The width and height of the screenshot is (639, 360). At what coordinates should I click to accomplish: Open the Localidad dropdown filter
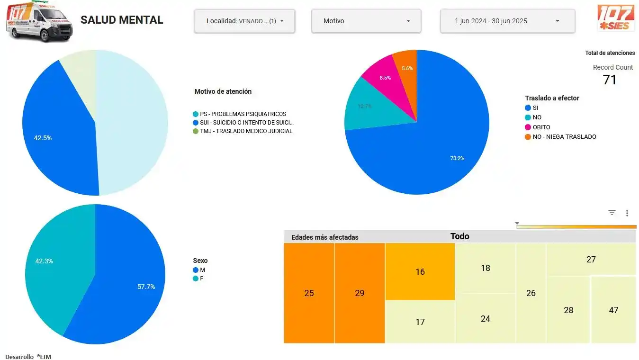pos(244,21)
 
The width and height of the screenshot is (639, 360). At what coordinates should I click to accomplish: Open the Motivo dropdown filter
pos(366,21)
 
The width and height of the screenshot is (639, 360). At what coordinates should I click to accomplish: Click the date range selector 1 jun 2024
pos(507,21)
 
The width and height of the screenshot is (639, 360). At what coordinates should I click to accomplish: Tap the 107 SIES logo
pos(616,18)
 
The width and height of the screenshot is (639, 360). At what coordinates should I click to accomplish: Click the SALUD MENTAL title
pos(122,20)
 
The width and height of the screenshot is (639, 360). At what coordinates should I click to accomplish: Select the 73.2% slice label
pos(457,158)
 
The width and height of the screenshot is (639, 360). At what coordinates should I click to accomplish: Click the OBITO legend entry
pos(541,127)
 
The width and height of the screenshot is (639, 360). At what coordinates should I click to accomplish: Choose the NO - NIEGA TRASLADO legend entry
pos(564,137)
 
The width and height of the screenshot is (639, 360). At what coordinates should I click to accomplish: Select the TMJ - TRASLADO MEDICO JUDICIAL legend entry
pos(246,131)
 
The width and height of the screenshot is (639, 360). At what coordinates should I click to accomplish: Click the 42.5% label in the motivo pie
pos(43,138)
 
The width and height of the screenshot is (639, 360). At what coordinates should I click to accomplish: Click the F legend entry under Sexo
pos(201,279)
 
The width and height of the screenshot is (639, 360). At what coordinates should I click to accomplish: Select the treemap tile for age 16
pos(420,271)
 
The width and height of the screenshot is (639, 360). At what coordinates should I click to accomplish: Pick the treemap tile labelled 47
pos(613,310)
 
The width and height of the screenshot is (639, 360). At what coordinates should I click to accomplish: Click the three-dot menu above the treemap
pos(627,213)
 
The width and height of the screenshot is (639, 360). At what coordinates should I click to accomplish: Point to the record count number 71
pos(609,80)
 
